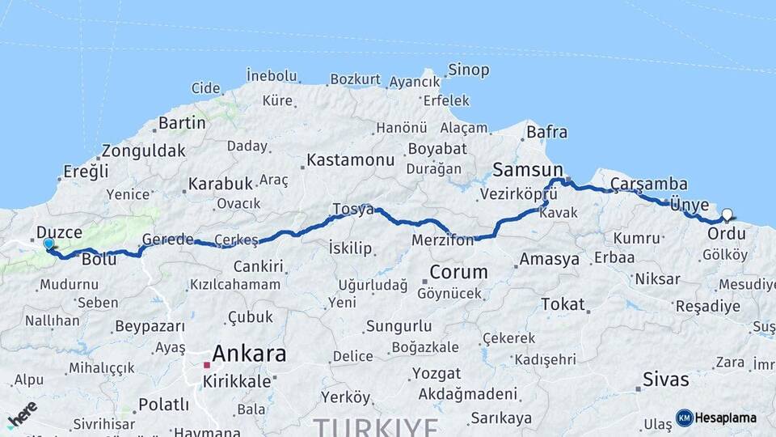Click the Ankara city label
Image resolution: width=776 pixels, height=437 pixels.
249,354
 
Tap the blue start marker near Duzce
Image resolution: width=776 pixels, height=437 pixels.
48,244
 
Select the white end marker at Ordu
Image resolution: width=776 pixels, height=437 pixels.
727,215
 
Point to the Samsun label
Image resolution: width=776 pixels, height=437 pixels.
527,170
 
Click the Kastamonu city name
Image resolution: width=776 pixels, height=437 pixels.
350,159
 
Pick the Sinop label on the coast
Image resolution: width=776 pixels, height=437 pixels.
468,70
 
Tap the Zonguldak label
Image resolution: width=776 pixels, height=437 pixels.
143,151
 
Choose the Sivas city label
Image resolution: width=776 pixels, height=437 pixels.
666,379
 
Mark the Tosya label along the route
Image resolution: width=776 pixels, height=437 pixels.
353,210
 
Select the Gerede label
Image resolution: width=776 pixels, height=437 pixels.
167,239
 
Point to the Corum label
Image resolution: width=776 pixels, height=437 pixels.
458,272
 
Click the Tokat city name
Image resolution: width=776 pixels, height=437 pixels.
563,304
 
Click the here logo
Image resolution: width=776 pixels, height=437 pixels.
22,414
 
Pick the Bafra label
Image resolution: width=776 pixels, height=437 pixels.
546,132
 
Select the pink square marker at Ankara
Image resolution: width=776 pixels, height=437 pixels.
207,365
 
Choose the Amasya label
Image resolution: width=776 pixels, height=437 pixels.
550,260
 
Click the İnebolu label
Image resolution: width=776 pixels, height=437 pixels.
272,75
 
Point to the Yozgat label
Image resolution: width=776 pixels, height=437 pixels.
436,374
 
